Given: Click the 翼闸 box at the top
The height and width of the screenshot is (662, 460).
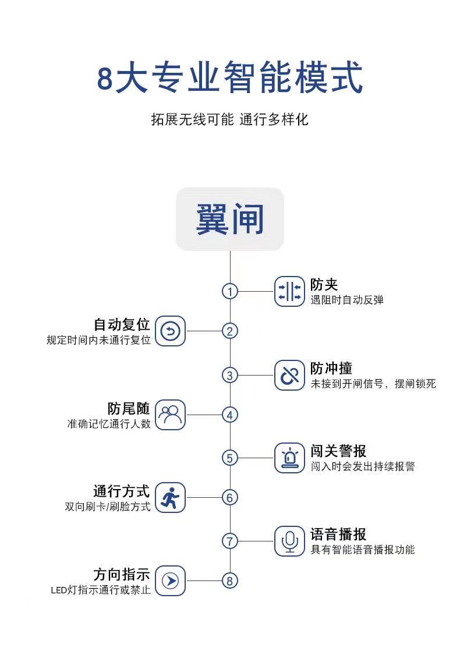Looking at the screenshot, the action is click(x=230, y=219).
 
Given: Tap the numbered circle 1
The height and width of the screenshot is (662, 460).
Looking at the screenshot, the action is click(x=230, y=291).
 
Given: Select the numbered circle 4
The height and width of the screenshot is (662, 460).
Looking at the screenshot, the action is click(x=230, y=415).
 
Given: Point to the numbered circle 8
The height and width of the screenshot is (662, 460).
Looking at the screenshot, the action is click(x=230, y=581).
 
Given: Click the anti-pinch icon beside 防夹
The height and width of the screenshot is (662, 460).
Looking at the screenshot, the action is click(x=289, y=291).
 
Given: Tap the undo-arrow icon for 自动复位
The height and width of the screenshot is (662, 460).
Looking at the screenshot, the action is click(x=170, y=331).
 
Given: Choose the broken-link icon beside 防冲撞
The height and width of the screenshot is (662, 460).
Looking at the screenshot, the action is click(x=289, y=375).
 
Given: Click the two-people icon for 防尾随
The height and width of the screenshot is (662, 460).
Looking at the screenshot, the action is click(x=170, y=415).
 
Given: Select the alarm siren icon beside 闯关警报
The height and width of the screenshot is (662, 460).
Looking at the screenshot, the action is click(x=289, y=458).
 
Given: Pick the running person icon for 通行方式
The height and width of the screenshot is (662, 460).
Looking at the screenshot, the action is click(x=170, y=498).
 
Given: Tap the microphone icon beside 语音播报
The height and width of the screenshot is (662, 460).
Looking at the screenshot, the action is click(x=289, y=541).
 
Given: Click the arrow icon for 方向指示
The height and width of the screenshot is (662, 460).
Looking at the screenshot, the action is click(x=170, y=581).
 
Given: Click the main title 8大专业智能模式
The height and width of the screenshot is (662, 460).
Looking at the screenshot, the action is click(x=230, y=77).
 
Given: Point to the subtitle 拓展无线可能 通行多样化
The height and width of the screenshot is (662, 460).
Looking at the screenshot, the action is click(x=230, y=119).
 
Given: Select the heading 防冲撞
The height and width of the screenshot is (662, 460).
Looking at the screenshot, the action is click(x=331, y=368).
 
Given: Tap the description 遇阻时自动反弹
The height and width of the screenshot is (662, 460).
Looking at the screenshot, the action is click(x=347, y=300).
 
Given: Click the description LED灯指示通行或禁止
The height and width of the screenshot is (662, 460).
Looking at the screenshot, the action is click(x=101, y=590).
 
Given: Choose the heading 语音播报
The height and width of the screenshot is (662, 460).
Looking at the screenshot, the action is click(x=338, y=534).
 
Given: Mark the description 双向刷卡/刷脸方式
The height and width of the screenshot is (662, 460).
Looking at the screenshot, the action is click(x=108, y=507).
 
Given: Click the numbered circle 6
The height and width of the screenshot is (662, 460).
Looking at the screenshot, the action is click(x=230, y=498).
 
